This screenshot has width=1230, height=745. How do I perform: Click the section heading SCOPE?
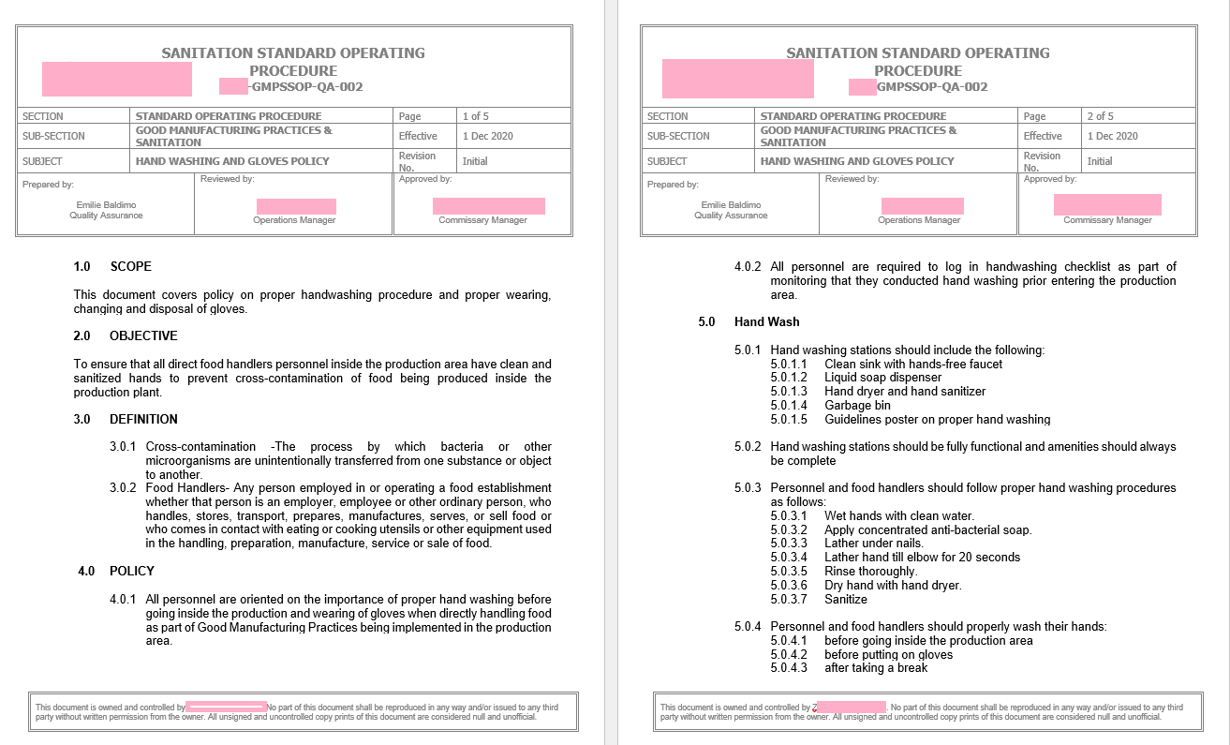coord(130,267)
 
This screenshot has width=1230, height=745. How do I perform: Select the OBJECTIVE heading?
coord(143,336)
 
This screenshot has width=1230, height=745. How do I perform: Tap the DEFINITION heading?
coord(143,420)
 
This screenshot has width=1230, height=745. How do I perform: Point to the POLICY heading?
coord(131,572)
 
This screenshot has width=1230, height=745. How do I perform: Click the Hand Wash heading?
coord(766,322)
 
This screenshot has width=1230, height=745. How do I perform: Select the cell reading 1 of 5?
coord(475,116)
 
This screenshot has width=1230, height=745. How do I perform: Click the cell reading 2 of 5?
coord(1100,116)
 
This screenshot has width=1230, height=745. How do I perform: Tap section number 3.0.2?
coord(123,488)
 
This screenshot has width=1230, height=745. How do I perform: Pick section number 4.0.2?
coord(748,267)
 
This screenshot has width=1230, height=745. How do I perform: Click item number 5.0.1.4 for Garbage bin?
coord(788,406)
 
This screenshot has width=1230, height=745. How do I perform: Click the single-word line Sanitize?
coord(845,600)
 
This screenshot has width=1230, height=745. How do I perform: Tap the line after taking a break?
coord(875,668)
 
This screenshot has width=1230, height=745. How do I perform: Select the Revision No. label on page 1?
coord(416,161)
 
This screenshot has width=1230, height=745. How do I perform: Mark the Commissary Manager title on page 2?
coord(1107,220)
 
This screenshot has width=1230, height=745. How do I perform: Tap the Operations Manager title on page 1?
coord(294,220)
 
